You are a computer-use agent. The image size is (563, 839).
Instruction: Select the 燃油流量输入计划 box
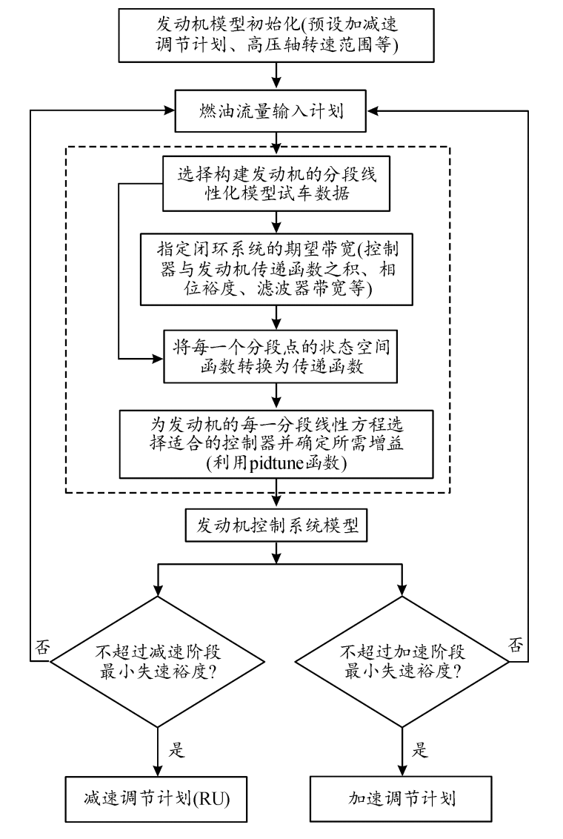click(x=276, y=112)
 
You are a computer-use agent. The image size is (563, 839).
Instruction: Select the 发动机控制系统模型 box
click(x=276, y=528)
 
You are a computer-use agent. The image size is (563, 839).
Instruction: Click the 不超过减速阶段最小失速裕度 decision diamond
click(x=158, y=660)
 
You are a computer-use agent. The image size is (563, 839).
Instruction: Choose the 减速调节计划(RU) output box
click(x=158, y=798)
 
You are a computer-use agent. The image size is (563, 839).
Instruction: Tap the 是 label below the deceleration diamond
click(x=176, y=749)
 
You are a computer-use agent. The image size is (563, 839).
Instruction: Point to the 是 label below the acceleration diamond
click(x=419, y=749)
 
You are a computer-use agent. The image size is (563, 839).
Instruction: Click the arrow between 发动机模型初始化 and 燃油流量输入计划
click(x=276, y=75)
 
